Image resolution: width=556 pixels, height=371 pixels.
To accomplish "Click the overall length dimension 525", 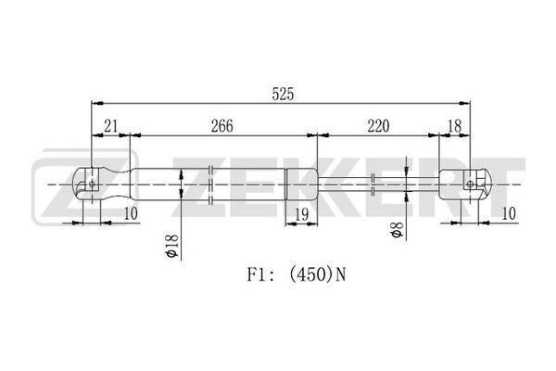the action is [x=283, y=94].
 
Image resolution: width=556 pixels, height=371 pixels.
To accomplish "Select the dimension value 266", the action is [x=222, y=126].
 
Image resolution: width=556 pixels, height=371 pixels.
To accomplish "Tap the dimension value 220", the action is [x=378, y=126].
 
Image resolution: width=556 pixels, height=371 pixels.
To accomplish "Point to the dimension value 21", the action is [x=110, y=126].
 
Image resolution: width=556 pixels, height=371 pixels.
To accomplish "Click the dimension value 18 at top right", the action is [x=454, y=126].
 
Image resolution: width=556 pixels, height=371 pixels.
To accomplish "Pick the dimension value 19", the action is [x=301, y=214].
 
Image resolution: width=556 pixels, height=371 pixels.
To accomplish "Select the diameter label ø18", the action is [x=171, y=246].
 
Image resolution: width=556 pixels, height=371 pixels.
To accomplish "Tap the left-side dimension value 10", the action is [x=131, y=213].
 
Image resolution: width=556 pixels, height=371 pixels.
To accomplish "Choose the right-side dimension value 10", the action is [x=509, y=213].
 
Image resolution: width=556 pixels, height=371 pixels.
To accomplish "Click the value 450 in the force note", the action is [x=312, y=275].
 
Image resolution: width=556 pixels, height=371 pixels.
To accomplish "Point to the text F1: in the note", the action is [x=260, y=275].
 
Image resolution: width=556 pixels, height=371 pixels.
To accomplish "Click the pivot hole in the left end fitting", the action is [x=92, y=184].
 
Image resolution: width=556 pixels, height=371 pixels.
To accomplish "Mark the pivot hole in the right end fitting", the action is [x=470, y=184].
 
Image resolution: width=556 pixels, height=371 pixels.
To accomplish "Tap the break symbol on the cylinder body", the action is [x=210, y=185].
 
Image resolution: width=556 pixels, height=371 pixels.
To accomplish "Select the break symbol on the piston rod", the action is [x=373, y=185].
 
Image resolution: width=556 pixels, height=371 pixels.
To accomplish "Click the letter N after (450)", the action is [x=340, y=275].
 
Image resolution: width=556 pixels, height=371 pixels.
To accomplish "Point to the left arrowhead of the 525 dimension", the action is [x=97, y=103].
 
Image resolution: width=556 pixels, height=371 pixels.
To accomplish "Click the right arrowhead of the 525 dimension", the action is [x=464, y=103].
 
